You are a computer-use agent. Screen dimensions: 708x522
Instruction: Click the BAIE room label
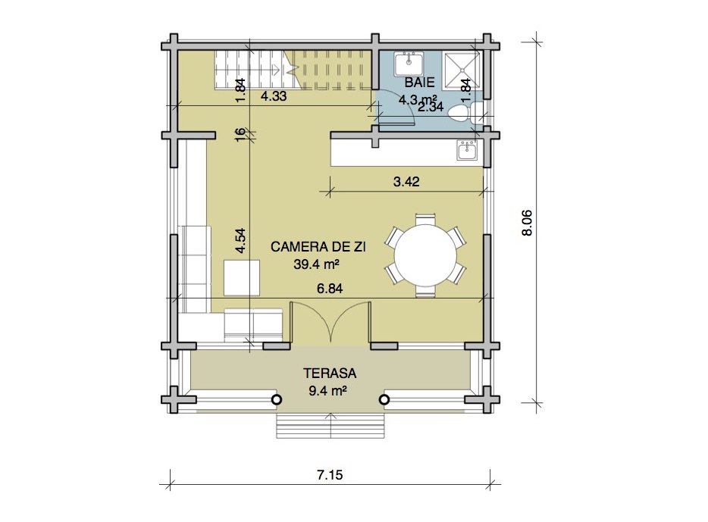coord(419,83)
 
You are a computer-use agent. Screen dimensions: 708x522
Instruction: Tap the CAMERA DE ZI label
coord(318,247)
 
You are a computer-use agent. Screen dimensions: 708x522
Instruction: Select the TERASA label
coord(330,374)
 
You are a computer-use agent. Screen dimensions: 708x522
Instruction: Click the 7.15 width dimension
coord(330,475)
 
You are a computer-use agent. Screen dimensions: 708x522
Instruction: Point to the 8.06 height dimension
coord(527,223)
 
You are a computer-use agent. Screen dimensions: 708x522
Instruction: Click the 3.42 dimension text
coord(406,182)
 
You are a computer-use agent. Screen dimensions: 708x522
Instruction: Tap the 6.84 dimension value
coord(330,289)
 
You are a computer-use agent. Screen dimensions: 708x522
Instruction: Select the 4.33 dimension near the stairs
coord(274,96)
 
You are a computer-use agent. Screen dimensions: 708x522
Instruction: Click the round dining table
coord(425,255)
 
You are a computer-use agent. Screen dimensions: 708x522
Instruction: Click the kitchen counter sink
coord(466,150)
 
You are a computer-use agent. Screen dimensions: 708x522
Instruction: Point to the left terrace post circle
coord(277,400)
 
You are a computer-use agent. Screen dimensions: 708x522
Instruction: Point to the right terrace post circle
coord(384,400)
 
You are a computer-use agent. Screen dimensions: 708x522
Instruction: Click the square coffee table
coord(242,277)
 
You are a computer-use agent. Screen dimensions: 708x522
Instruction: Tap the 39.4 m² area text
coord(317,264)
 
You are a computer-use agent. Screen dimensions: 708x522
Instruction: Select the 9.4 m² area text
coord(327,391)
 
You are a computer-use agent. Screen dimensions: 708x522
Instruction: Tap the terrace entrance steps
coord(331,426)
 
